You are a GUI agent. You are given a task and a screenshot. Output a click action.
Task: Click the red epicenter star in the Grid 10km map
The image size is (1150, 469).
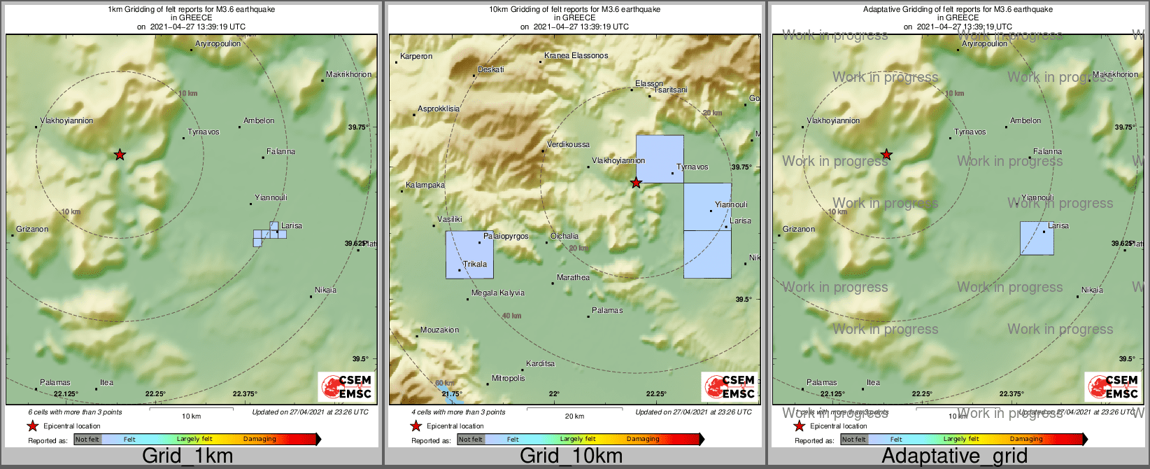click(x=636, y=183)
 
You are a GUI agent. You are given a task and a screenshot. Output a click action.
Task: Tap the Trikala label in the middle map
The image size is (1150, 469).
click(x=475, y=264)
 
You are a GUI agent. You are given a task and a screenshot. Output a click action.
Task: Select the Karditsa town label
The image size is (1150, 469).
click(x=540, y=363)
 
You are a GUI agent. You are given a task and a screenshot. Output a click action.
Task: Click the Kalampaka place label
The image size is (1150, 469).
click(x=425, y=185)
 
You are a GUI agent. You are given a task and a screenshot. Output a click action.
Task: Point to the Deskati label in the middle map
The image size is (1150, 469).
click(x=490, y=69)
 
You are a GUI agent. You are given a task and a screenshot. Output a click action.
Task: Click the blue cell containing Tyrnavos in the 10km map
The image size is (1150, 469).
click(x=659, y=159)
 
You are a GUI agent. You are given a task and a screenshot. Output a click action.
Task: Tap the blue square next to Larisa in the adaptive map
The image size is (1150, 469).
click(x=1036, y=238)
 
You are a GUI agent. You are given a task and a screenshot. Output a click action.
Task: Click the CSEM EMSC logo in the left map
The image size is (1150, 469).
click(x=346, y=386)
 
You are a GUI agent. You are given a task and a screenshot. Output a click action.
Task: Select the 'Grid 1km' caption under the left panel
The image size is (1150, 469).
click(x=187, y=456)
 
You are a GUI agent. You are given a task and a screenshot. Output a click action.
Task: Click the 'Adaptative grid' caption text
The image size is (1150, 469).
click(x=954, y=456)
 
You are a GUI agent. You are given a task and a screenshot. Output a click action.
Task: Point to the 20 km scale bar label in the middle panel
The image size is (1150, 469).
click(x=574, y=416)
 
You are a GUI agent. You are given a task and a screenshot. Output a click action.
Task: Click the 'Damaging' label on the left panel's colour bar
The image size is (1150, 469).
click(x=260, y=439)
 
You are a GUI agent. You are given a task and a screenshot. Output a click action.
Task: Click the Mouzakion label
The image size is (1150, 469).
click(x=439, y=330)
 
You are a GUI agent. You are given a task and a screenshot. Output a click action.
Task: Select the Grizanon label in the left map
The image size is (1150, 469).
click(x=32, y=229)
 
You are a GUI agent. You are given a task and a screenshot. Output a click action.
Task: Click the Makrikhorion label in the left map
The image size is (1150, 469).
click(x=348, y=74)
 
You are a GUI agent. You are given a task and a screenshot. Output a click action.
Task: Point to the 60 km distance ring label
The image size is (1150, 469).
click(x=443, y=383)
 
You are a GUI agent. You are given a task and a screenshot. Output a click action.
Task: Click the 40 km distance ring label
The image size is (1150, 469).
click(x=511, y=316)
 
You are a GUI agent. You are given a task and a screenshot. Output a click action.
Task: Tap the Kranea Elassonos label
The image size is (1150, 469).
click(x=576, y=55)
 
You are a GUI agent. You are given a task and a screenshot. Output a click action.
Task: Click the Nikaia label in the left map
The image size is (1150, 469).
click(x=325, y=290)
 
